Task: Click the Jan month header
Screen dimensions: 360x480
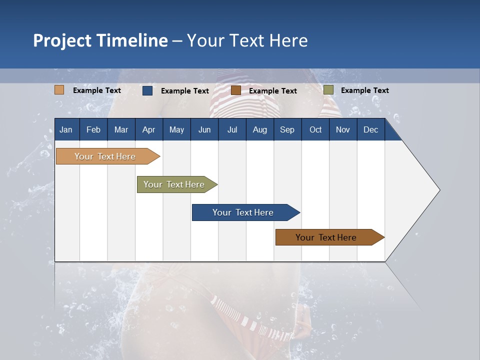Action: (x=66, y=129)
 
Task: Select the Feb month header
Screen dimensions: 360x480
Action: (x=93, y=129)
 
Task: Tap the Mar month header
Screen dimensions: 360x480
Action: (x=121, y=129)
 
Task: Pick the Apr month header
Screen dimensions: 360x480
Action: (x=148, y=129)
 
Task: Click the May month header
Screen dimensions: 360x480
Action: (x=176, y=129)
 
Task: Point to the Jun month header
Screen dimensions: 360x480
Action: (x=204, y=129)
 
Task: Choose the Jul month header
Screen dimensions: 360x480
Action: (x=232, y=129)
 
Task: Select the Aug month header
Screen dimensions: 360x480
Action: (x=260, y=129)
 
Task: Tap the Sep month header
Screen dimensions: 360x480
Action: (x=287, y=129)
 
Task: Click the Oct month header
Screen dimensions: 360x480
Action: (x=315, y=129)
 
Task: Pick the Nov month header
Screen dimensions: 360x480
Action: (x=343, y=129)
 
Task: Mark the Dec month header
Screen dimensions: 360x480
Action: (x=371, y=129)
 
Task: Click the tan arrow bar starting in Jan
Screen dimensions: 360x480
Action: (x=105, y=156)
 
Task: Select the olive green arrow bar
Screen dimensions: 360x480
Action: (x=174, y=184)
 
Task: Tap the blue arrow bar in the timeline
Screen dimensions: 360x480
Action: (x=243, y=212)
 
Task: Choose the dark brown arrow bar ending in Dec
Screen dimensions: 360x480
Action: (x=326, y=237)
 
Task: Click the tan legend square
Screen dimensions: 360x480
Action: (x=59, y=90)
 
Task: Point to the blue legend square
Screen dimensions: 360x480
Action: (x=147, y=90)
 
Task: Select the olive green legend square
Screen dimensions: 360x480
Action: (x=328, y=90)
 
